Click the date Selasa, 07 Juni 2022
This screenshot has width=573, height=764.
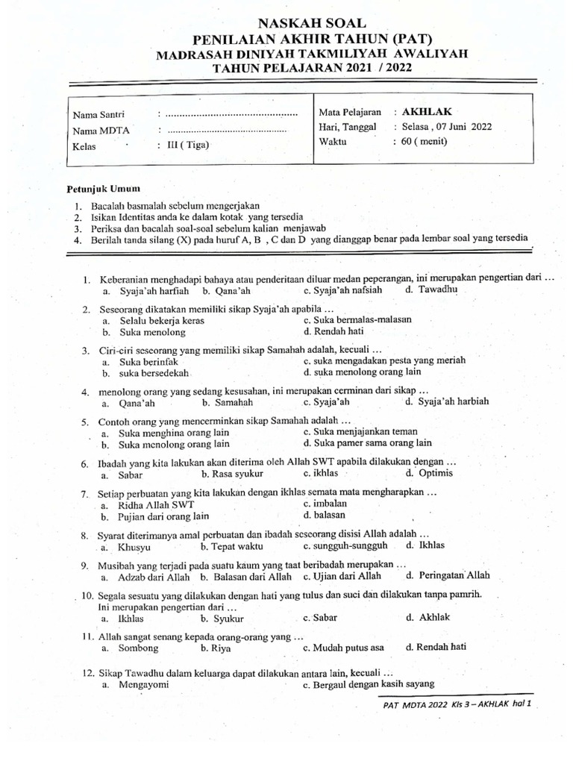pos(447,126)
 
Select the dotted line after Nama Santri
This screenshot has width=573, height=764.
pos(230,115)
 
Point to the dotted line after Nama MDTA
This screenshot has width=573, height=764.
pos(225,131)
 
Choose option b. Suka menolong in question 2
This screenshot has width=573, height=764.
pos(145,332)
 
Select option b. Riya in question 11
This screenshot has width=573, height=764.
pos(213,648)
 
